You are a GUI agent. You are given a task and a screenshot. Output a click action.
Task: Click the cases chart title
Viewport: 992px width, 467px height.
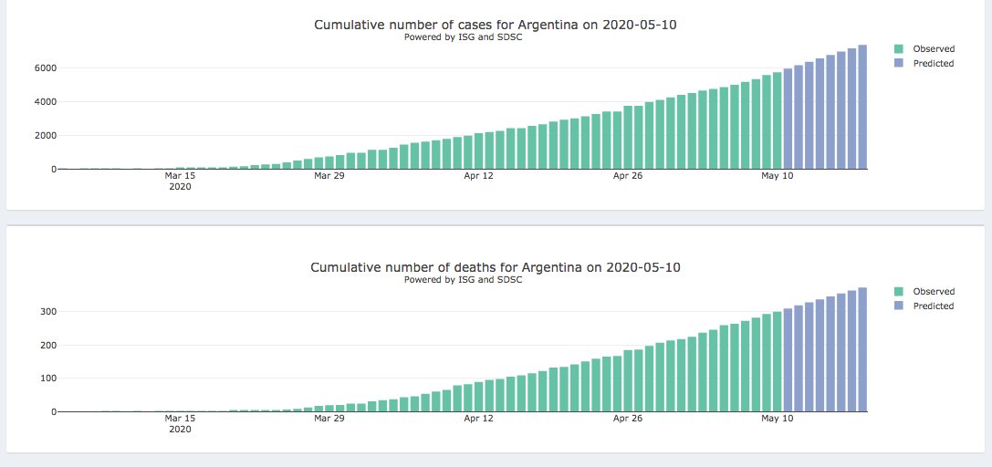495,25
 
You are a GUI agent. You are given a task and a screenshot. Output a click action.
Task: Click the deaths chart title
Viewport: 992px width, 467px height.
495,267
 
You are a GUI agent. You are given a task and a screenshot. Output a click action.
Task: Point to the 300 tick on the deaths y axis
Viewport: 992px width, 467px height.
47,312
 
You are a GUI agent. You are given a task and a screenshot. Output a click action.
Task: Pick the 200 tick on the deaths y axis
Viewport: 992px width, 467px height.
47,346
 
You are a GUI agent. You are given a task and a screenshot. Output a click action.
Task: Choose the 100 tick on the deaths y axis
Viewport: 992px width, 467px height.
47,379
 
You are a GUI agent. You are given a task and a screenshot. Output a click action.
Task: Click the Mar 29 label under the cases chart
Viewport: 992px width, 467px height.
329,176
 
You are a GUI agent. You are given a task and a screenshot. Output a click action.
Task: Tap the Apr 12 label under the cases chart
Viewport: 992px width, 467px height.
478,176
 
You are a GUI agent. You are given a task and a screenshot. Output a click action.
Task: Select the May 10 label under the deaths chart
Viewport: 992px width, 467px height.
777,419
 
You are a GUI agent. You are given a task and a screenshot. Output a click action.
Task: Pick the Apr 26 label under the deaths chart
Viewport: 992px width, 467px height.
628,419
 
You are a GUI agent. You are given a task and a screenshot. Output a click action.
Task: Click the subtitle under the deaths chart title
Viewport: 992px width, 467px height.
463,280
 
